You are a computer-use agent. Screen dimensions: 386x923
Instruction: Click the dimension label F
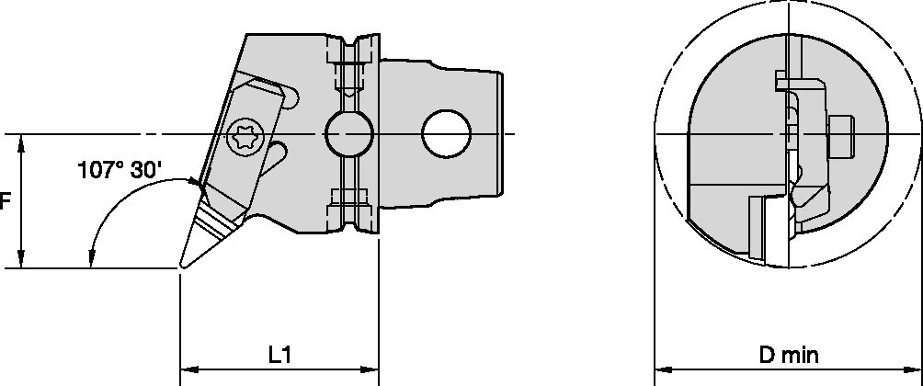tap(5, 201)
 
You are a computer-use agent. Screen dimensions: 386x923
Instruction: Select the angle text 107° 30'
tap(120, 169)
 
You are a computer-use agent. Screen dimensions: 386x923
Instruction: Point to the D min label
tap(788, 353)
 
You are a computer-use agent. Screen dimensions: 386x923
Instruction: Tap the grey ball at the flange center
tap(348, 136)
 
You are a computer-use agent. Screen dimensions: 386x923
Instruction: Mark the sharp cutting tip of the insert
tap(181, 267)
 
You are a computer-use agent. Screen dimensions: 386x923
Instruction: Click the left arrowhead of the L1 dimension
tap(186, 371)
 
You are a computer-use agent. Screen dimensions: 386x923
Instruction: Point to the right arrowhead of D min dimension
tap(916, 371)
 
